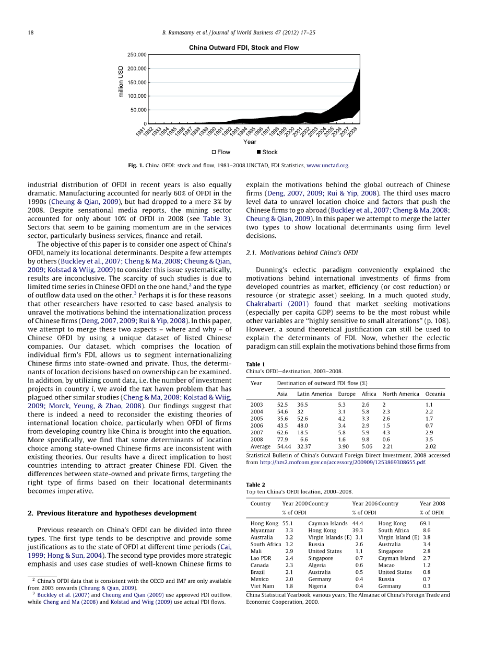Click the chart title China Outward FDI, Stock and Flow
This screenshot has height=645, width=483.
pyautogui.click(x=244, y=48)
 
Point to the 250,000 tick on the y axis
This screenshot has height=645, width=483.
pyautogui.click(x=137, y=55)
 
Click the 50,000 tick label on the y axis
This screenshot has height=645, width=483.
pyautogui.click(x=138, y=110)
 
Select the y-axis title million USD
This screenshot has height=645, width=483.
pyautogui.click(x=121, y=81)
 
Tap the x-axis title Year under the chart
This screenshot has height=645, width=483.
pyautogui.click(x=250, y=142)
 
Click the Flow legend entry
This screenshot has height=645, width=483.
pyautogui.click(x=220, y=152)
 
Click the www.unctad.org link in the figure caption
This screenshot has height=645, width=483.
pyautogui.click(x=327, y=166)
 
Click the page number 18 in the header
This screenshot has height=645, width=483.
pyautogui.click(x=30, y=33)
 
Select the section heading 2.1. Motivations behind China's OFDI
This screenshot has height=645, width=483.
pyautogui.click(x=302, y=253)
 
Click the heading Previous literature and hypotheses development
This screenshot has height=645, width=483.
pyautogui.click(x=112, y=513)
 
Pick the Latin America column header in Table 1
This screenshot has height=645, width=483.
pyautogui.click(x=314, y=394)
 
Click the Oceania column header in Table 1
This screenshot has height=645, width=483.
pyautogui.click(x=435, y=394)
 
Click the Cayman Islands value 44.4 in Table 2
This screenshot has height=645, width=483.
pyautogui.click(x=357, y=523)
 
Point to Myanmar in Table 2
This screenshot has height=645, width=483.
pyautogui.click(x=263, y=531)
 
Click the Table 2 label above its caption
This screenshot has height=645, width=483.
pyautogui.click(x=255, y=485)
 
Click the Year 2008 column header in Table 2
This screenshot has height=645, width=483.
pyautogui.click(x=432, y=503)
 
